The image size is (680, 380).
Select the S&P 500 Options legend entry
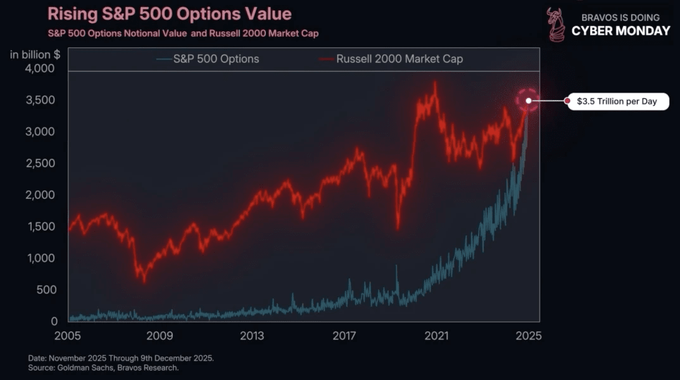(216, 59)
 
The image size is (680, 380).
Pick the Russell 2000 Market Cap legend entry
(400, 59)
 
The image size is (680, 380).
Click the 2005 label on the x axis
(68, 336)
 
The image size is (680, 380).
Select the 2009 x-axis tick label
(160, 336)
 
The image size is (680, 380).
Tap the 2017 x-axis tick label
(344, 336)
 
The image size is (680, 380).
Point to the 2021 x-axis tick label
(436, 336)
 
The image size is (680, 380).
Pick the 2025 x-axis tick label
(529, 336)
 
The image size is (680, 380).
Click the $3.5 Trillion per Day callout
(617, 101)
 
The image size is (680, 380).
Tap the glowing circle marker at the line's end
(527, 101)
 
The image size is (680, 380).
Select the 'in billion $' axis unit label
(35, 54)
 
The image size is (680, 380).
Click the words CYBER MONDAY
(620, 31)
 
